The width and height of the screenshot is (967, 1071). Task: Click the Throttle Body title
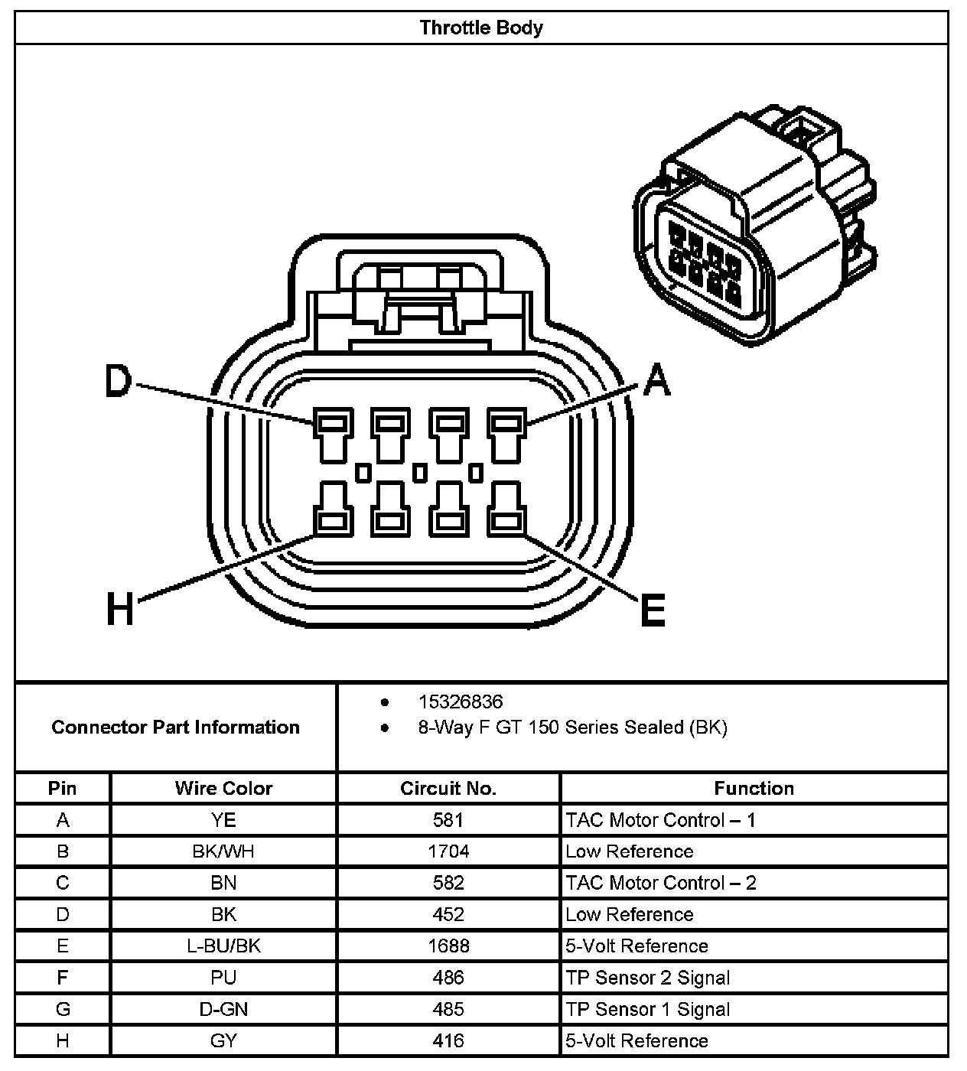[481, 28]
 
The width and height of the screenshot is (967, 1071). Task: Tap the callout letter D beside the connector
[118, 381]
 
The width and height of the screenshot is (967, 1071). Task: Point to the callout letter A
[656, 380]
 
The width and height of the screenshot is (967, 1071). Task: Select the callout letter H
[120, 610]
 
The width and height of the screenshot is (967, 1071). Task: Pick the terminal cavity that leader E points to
[506, 522]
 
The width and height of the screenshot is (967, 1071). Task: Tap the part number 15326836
[460, 702]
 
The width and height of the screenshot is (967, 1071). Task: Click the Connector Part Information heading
[175, 727]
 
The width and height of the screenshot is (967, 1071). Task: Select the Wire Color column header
[223, 788]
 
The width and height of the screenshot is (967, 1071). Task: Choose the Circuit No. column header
[448, 788]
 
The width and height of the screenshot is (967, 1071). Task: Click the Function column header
[754, 788]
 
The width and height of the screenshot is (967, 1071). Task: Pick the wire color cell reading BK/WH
[223, 851]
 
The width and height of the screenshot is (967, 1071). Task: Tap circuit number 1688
[448, 946]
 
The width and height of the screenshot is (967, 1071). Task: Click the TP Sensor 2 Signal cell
[647, 978]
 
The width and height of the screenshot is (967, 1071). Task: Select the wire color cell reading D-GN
[223, 1009]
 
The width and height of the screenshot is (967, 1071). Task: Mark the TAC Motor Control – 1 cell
[660, 820]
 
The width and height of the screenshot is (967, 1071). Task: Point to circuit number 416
[448, 1040]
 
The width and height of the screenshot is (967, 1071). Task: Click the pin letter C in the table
[63, 883]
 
